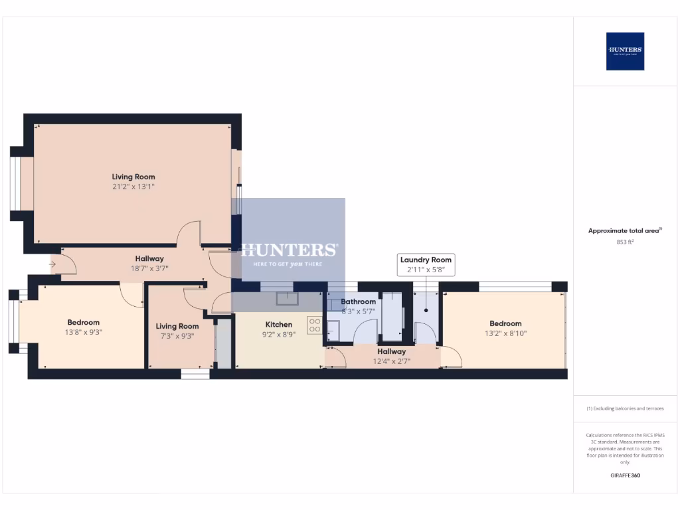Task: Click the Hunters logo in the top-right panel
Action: point(625,51)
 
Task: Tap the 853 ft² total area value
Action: point(625,242)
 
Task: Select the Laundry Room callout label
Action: point(426,260)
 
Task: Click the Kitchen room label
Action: point(279,325)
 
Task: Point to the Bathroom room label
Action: point(359,301)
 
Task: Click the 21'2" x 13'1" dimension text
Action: point(133,187)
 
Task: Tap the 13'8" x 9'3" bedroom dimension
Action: point(83,333)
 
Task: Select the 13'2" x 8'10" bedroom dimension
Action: point(505,333)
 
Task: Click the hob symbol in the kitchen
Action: point(314,325)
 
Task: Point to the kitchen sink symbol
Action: point(288,299)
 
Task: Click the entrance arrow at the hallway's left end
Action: point(53,265)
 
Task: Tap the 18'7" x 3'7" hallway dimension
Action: point(149,268)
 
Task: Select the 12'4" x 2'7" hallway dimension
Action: point(392,361)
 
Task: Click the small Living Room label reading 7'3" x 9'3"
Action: point(177,326)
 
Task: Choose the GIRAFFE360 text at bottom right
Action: point(625,475)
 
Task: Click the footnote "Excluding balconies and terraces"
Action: point(625,408)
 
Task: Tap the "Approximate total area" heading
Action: point(625,230)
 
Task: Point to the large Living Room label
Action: point(133,177)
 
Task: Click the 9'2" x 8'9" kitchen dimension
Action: point(279,335)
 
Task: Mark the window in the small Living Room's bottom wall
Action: point(195,375)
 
